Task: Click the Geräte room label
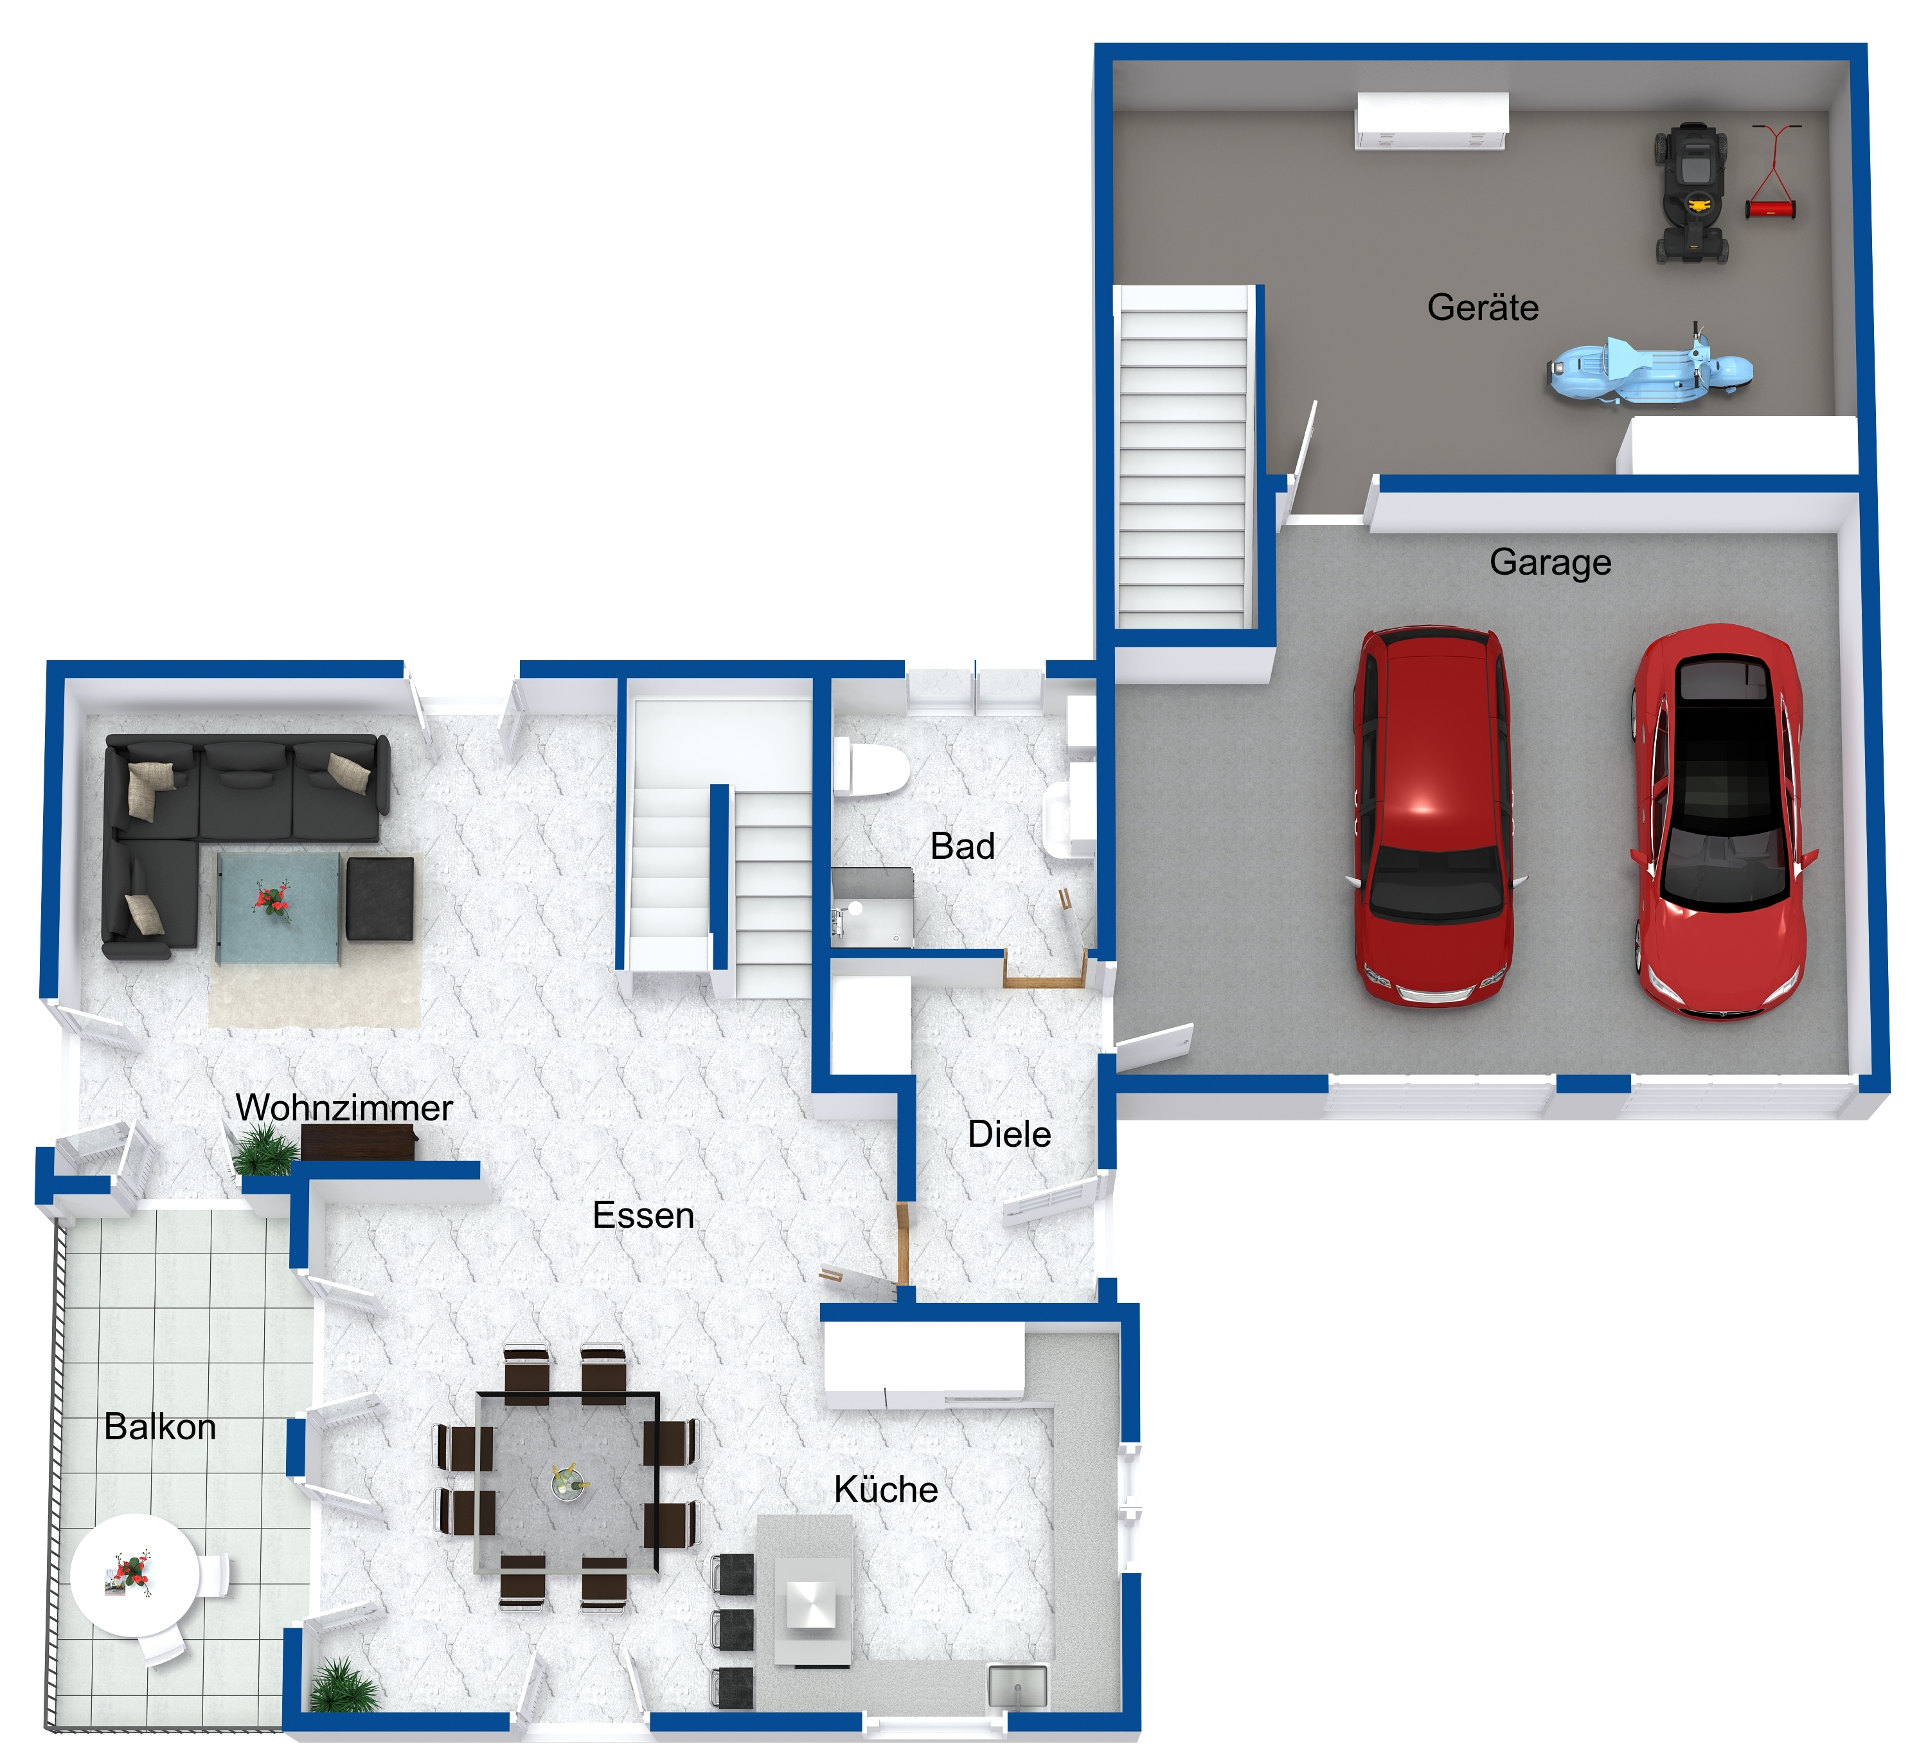[1483, 308]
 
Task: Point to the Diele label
[1009, 1134]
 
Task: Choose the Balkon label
[160, 1427]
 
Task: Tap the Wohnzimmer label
[344, 1108]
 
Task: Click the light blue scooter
[1650, 368]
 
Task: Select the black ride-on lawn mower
[1691, 193]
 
